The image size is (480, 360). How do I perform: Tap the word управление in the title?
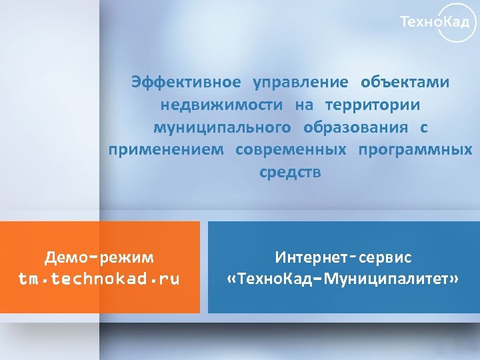point(300,82)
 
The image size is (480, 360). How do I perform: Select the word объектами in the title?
point(405,82)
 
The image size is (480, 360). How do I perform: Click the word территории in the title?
point(373,105)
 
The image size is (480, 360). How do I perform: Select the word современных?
point(291,149)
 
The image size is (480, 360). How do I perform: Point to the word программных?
point(415,149)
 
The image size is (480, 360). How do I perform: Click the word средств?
point(290,172)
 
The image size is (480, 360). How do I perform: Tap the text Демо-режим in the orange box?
point(99,257)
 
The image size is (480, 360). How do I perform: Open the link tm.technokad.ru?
point(99,279)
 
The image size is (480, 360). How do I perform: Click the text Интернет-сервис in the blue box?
point(343,257)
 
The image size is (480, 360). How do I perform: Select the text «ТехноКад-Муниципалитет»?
point(343,279)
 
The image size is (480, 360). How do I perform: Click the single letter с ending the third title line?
point(423,127)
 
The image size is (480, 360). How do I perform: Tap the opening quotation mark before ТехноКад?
point(231,279)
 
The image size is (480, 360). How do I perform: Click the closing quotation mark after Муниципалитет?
point(455,279)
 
